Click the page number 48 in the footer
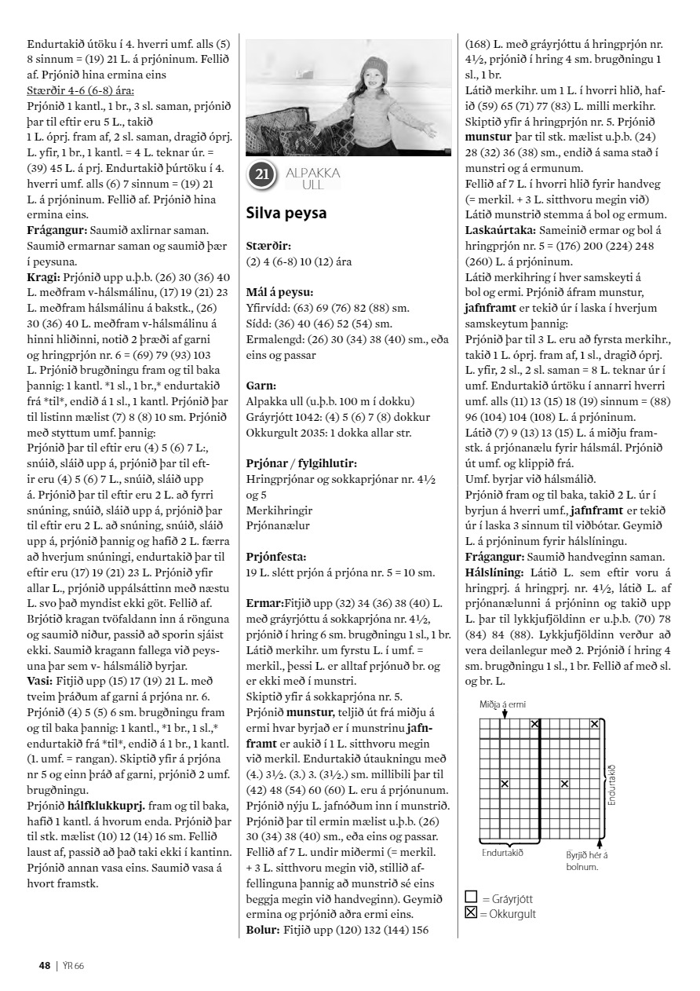45,965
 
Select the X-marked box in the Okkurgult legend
472,913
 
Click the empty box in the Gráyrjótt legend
472,898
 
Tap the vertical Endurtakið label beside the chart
611,773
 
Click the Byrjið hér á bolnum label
588,839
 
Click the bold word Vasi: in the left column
40,679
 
